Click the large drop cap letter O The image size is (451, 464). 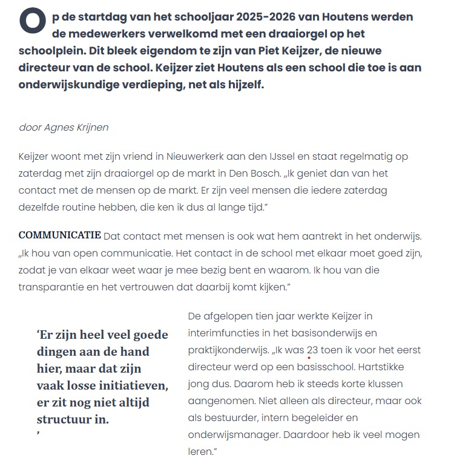pos(32,20)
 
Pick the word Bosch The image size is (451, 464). pos(269,174)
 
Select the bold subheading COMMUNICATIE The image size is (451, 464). pos(59,235)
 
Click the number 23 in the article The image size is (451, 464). pos(312,350)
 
